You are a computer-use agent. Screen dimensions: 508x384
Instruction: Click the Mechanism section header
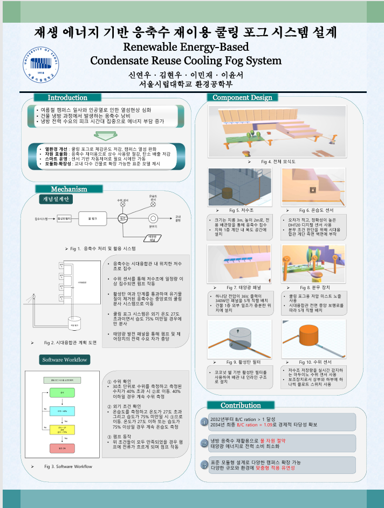(68, 189)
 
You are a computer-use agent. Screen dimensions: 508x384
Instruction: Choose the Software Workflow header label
(65, 359)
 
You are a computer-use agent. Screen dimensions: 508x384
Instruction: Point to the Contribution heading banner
(241, 405)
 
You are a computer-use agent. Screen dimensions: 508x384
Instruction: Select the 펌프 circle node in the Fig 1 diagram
(123, 218)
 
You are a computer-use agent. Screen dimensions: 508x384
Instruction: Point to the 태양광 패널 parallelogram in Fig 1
(152, 237)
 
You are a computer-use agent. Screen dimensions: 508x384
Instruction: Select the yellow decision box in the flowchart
(63, 429)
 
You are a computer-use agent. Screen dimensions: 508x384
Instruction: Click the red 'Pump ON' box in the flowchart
(63, 448)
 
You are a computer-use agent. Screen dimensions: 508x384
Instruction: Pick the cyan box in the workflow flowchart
(63, 411)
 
